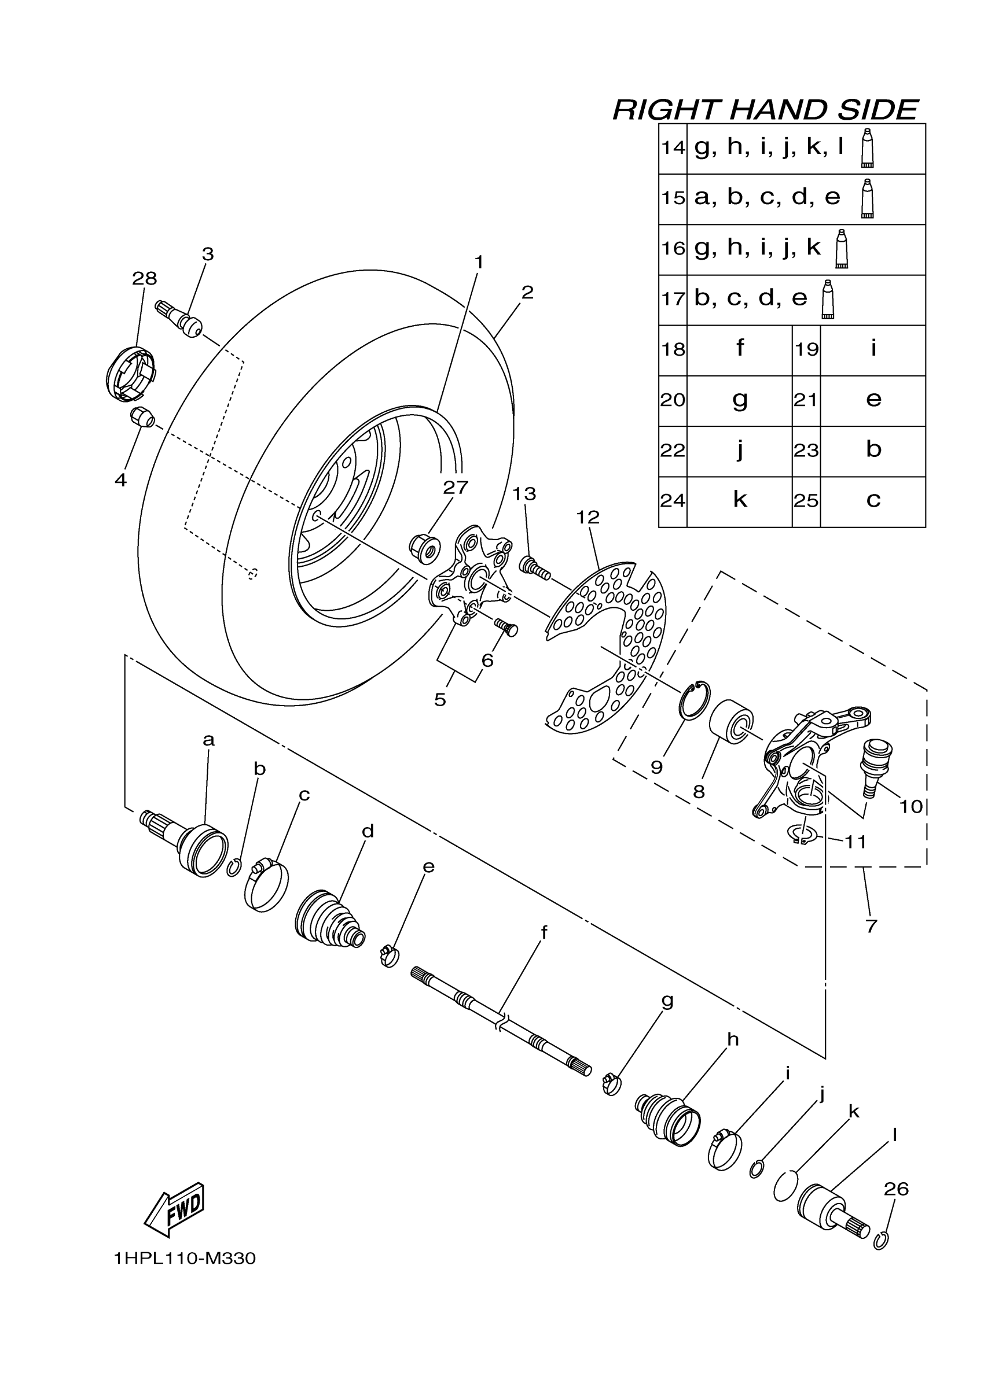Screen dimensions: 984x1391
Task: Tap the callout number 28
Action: pyautogui.click(x=144, y=279)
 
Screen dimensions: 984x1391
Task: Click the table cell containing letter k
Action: pyautogui.click(x=739, y=500)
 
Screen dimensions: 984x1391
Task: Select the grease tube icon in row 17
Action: pyautogui.click(x=828, y=299)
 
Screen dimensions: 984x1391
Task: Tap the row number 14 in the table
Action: pyautogui.click(x=673, y=148)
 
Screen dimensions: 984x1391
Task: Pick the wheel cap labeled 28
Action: pyautogui.click(x=130, y=374)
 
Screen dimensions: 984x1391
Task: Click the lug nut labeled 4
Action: pyautogui.click(x=142, y=418)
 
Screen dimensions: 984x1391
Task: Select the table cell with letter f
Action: pyautogui.click(x=739, y=349)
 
